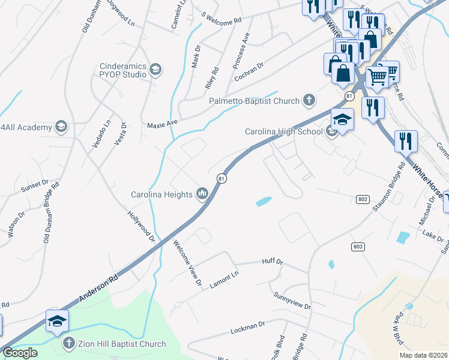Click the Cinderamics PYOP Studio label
[123, 70]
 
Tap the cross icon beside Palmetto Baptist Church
[309, 100]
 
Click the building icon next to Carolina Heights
[202, 194]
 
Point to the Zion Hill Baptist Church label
[122, 344]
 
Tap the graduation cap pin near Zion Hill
[58, 322]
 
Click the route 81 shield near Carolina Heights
[221, 179]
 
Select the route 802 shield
[362, 199]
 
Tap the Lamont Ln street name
[224, 280]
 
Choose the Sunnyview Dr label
[292, 301]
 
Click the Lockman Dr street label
[248, 328]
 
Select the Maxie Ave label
[163, 124]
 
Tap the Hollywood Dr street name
[142, 226]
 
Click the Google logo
[20, 352]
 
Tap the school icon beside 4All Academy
[61, 126]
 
